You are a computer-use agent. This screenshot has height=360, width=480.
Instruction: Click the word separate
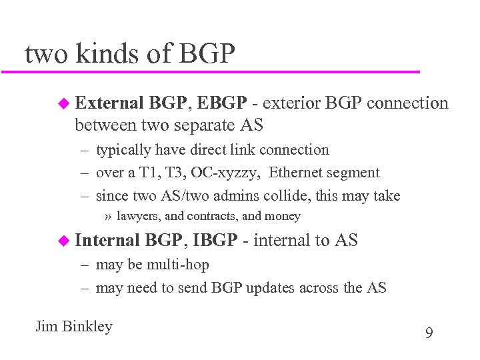click(x=205, y=125)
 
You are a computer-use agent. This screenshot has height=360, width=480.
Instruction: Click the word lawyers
click(x=139, y=216)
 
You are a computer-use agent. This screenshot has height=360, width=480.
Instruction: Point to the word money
click(x=282, y=216)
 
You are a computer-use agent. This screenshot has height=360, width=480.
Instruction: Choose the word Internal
click(x=107, y=241)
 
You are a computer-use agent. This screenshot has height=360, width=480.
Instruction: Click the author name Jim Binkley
click(x=74, y=327)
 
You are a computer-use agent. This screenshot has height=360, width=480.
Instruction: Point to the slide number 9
click(x=429, y=333)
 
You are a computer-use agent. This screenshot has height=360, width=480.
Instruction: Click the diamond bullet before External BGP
click(x=63, y=103)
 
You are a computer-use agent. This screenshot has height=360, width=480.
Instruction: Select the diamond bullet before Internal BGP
click(x=63, y=241)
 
